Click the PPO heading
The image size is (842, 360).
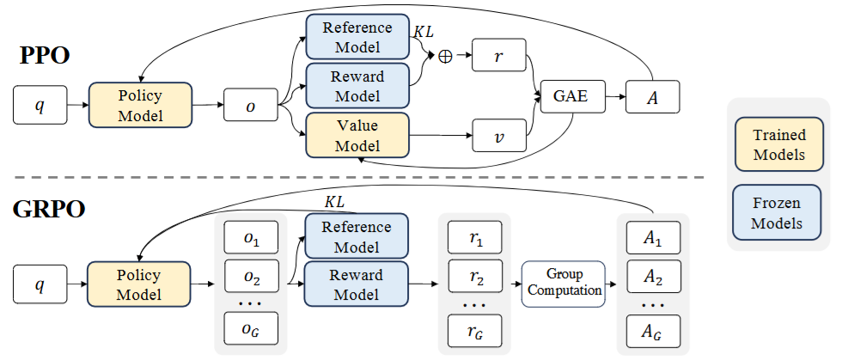click(45, 57)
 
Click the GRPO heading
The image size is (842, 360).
click(49, 210)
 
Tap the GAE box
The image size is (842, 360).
click(570, 96)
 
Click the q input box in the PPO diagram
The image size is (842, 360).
click(40, 106)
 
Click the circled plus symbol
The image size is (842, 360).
click(445, 56)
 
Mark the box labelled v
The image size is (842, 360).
click(498, 135)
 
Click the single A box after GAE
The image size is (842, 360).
click(653, 96)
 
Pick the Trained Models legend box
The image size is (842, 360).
click(778, 146)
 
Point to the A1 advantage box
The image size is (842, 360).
click(649, 237)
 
